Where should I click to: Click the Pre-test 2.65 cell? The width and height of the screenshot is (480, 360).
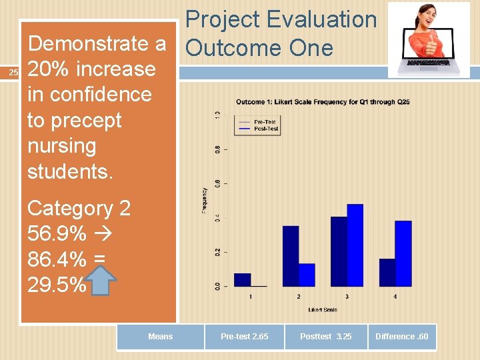pyautogui.click(x=244, y=337)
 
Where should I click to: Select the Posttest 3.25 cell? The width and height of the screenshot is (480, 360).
pyautogui.click(x=325, y=337)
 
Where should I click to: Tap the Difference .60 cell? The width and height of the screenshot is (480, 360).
pyautogui.click(x=402, y=337)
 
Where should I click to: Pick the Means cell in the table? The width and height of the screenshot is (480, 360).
pyautogui.click(x=160, y=337)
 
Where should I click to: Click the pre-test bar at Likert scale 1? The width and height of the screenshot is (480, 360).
pyautogui.click(x=242, y=279)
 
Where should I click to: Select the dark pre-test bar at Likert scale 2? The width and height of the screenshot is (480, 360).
pyautogui.click(x=291, y=256)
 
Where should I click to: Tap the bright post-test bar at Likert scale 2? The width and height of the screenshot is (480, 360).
pyautogui.click(x=307, y=275)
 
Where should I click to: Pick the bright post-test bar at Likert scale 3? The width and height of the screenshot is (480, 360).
pyautogui.click(x=355, y=245)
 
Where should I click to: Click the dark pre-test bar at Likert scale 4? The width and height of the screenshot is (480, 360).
pyautogui.click(x=387, y=272)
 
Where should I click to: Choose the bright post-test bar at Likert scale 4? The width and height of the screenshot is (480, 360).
pyautogui.click(x=403, y=253)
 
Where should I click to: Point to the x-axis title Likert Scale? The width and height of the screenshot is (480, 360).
pyautogui.click(x=323, y=309)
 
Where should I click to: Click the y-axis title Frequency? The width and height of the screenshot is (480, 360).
pyautogui.click(x=205, y=200)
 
